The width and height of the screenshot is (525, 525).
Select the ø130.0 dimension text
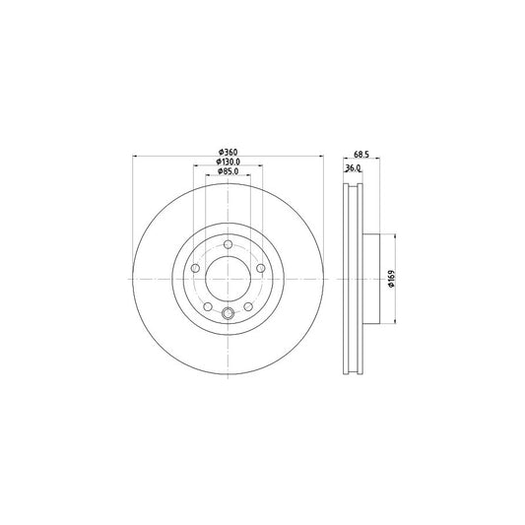coord(228,161)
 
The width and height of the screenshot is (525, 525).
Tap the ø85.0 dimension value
coord(228,171)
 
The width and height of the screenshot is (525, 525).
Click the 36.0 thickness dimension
coord(352,167)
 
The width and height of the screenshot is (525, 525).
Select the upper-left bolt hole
coord(195,267)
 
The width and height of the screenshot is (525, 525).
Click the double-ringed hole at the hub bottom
coord(228,314)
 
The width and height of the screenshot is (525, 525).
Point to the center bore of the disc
coord(228,278)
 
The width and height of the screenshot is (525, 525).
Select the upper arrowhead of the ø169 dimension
coord(394,237)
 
